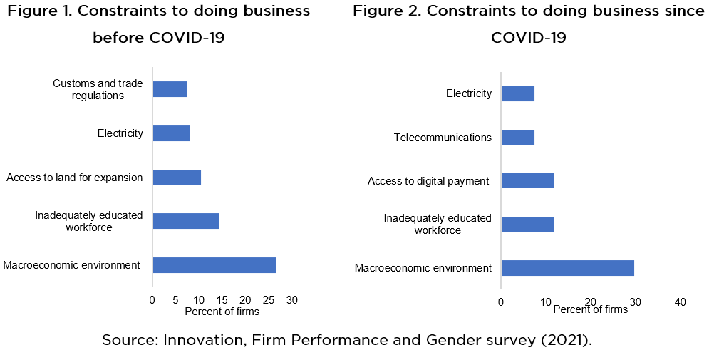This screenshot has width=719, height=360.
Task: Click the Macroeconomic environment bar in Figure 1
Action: click(x=214, y=265)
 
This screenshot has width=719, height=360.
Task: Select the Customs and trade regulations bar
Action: click(x=170, y=89)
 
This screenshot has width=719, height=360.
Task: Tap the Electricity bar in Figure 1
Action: click(x=171, y=133)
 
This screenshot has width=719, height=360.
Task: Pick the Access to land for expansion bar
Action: click(x=177, y=177)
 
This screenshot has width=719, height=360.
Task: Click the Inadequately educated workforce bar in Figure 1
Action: click(x=185, y=221)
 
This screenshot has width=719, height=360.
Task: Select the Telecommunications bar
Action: click(x=517, y=137)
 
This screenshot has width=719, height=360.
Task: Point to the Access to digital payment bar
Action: click(x=527, y=180)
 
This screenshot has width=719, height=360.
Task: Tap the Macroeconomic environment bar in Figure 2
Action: click(x=567, y=268)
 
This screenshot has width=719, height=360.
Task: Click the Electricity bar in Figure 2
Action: click(x=517, y=93)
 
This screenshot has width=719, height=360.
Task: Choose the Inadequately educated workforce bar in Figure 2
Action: click(x=527, y=224)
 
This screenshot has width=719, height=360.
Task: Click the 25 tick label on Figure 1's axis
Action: click(x=268, y=300)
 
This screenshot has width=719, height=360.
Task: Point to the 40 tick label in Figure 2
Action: click(x=680, y=302)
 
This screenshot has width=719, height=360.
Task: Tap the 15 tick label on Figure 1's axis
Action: click(x=222, y=300)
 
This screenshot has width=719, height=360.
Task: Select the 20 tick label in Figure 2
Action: click(x=590, y=302)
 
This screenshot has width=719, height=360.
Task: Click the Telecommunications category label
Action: click(x=443, y=138)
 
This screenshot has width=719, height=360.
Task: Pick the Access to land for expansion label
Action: click(x=74, y=178)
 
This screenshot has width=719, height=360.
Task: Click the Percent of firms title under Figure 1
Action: click(x=222, y=312)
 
